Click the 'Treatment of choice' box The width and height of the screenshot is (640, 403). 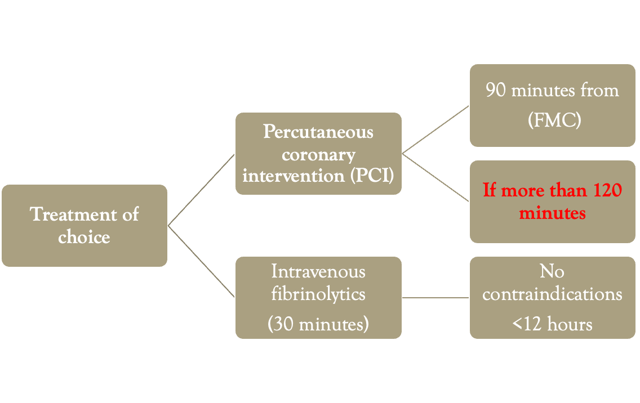(84, 225)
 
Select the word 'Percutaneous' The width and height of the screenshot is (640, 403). (318, 132)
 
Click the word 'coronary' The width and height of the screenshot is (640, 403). (318, 154)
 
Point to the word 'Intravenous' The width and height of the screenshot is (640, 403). (318, 271)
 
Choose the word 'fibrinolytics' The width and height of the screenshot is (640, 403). (318, 293)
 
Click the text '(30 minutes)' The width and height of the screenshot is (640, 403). (318, 324)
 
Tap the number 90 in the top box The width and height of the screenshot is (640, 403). (496, 90)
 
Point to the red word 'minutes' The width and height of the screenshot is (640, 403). (552, 213)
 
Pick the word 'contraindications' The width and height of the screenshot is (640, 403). (552, 294)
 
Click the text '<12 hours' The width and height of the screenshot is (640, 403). (552, 324)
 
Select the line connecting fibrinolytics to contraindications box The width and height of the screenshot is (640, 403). (435, 297)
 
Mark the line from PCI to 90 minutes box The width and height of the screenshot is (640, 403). (435, 129)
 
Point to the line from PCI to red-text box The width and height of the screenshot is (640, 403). (435, 177)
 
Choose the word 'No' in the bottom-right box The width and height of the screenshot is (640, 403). (552, 271)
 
